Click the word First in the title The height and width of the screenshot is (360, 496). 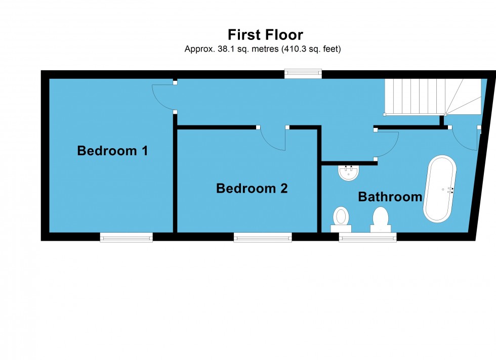point(244,35)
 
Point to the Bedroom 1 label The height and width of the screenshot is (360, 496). point(112,151)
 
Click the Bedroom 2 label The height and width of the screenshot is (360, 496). point(252,189)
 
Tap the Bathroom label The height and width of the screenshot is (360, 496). point(390,197)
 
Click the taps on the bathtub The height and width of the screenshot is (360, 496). point(450,190)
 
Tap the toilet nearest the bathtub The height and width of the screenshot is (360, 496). point(380,218)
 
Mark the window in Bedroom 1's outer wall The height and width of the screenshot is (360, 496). point(126,237)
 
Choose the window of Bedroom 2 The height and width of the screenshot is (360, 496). point(263,237)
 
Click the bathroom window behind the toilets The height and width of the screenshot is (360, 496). point(367,237)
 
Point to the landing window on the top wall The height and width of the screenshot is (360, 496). point(303,74)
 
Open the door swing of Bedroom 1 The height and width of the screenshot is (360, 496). point(163,98)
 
